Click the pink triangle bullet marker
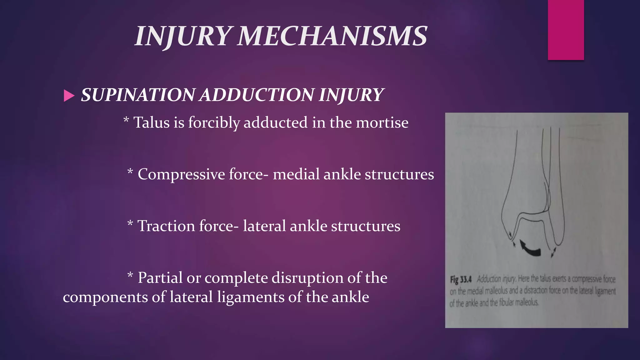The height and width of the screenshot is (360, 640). (69, 96)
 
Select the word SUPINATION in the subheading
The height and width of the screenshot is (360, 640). (138, 95)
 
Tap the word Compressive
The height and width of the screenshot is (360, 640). (181, 174)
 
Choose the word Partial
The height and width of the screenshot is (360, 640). (160, 277)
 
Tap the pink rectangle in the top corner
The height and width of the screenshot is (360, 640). (566, 30)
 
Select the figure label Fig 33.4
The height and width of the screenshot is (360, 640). (461, 279)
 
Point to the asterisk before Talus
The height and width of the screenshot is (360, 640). (126, 120)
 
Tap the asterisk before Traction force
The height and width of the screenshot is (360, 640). (130, 223)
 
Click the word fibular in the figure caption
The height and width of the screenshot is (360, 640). (506, 302)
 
